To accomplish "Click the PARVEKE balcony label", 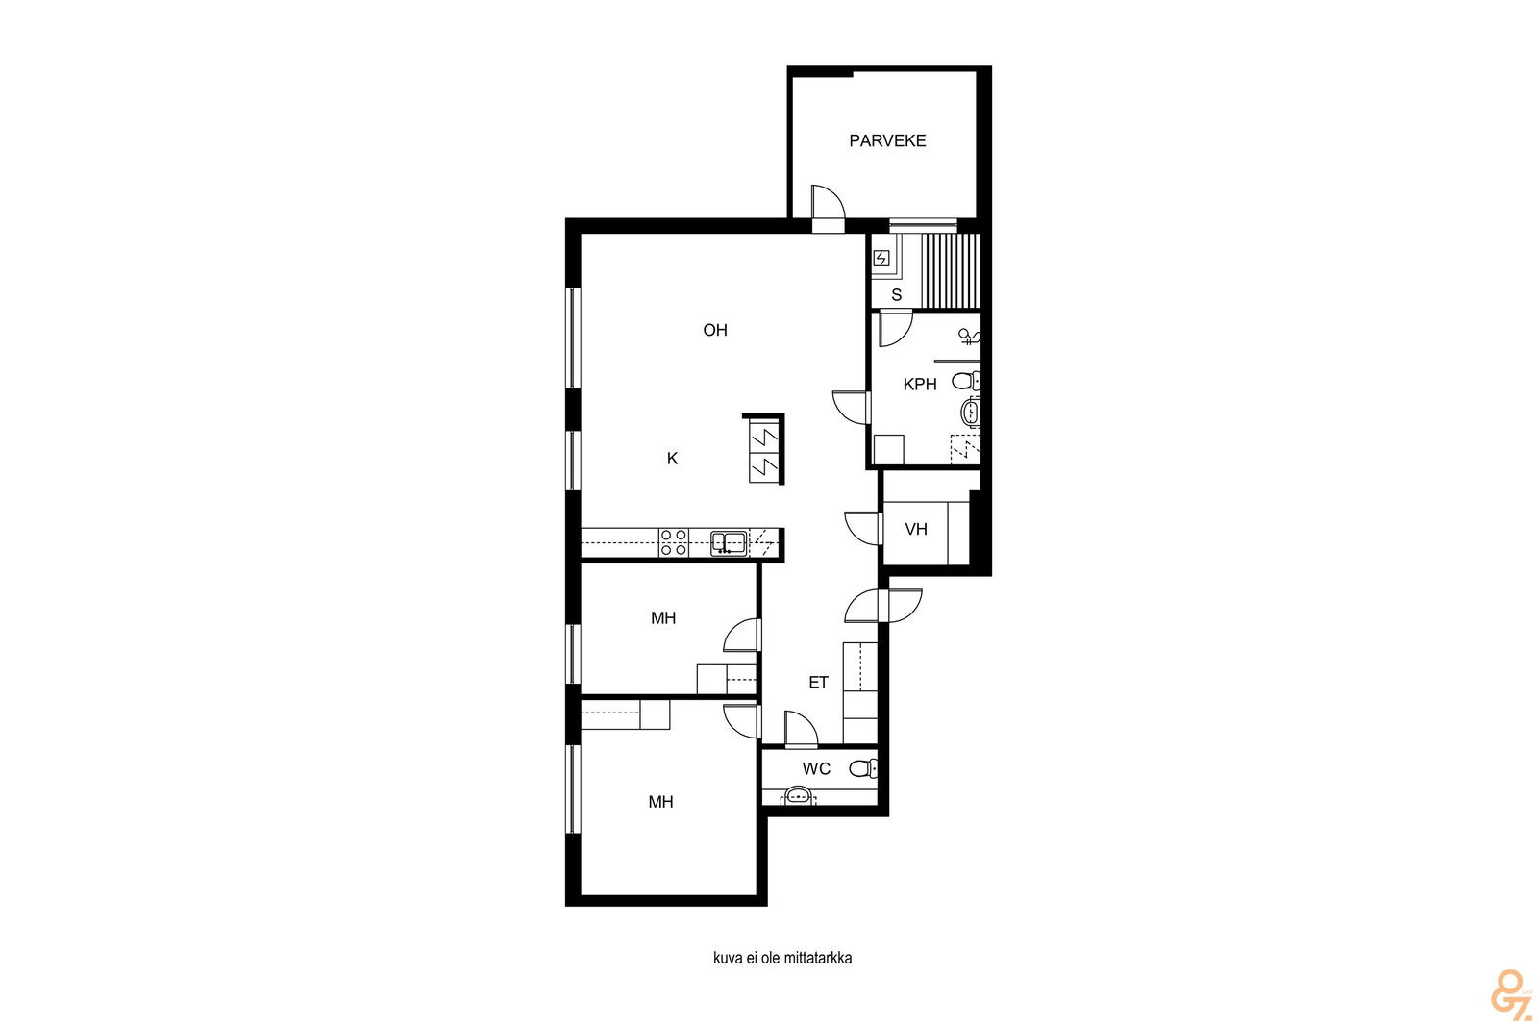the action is click(887, 140).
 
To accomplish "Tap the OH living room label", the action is click(715, 331).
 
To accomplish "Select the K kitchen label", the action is click(672, 459).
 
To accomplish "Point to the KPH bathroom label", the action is click(919, 385).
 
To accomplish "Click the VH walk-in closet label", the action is click(916, 530).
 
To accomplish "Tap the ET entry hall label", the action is click(818, 683).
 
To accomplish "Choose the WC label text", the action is click(816, 769).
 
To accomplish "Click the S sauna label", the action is click(896, 295).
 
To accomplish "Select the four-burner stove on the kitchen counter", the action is click(674, 541).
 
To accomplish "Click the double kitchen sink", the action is click(729, 543).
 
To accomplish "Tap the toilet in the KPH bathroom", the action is click(965, 380).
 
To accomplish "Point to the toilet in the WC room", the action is click(863, 767).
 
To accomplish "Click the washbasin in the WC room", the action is click(799, 796).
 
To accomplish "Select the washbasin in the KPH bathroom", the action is click(970, 413).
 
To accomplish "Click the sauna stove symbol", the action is click(881, 259).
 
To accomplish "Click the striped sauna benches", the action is click(951, 270).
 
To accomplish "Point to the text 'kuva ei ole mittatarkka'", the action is click(782, 958).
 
